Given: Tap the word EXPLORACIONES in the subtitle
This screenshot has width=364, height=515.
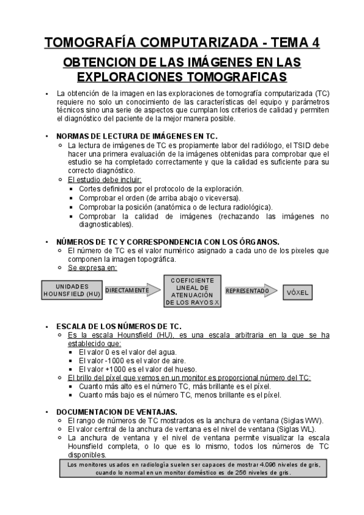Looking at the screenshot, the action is point(131,77).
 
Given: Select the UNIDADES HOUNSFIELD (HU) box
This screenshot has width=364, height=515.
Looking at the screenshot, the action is point(72,290).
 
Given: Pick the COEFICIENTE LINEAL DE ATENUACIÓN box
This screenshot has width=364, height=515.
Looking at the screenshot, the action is point(192,290).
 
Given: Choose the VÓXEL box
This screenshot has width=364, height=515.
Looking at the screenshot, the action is point(297,292).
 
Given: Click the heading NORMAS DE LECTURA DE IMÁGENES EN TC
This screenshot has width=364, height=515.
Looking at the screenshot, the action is point(136,137).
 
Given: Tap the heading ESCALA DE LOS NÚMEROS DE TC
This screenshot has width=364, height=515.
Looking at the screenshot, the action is point(118,326).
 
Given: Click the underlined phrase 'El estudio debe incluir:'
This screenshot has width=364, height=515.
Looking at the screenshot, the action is point(105,180).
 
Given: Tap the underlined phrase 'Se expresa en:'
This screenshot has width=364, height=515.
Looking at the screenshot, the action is point(93,267).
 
